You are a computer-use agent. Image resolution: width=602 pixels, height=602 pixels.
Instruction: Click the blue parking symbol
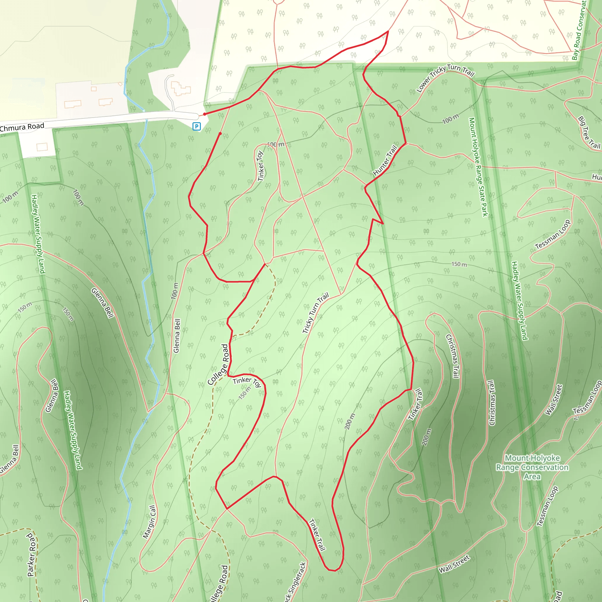point(197,126)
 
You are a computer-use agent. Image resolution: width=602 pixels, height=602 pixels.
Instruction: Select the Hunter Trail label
point(385,160)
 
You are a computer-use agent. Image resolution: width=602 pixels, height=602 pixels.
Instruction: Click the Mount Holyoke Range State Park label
point(479,167)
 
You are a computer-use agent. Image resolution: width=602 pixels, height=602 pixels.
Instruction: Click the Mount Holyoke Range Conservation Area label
point(532,467)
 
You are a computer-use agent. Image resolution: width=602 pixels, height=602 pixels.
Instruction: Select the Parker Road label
point(31,555)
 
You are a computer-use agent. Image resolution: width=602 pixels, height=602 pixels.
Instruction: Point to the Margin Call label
point(149,522)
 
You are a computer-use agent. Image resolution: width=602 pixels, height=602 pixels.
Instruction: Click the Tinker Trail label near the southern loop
point(317,535)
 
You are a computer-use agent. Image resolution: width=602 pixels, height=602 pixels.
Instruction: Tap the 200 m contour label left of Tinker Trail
point(350,421)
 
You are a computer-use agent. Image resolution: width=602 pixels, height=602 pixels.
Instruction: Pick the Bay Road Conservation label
point(579,30)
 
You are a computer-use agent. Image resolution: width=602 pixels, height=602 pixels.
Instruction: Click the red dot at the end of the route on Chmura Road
point(204,114)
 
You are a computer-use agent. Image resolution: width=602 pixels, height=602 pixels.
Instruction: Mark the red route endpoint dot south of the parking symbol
point(220,134)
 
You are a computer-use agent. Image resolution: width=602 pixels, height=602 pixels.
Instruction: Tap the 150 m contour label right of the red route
point(459,264)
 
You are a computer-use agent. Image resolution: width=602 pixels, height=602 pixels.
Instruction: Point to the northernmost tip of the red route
point(388,31)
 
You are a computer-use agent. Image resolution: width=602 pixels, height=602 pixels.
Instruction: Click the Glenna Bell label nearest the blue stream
point(177,336)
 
